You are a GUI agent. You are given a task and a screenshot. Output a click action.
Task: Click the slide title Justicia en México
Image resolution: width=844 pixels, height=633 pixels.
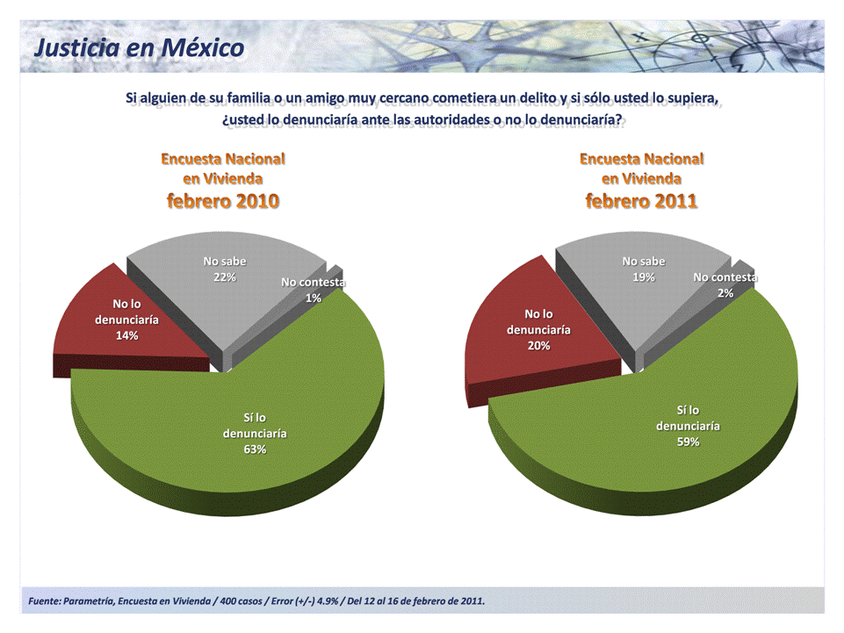[139, 47]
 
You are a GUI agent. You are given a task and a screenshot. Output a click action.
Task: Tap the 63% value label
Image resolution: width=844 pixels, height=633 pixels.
[255, 450]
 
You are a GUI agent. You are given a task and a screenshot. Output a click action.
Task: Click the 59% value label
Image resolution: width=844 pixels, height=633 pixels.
[688, 442]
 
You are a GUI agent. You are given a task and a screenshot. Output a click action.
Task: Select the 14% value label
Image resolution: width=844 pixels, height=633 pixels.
[126, 335]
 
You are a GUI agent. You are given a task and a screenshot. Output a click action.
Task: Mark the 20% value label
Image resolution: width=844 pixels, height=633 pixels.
[538, 345]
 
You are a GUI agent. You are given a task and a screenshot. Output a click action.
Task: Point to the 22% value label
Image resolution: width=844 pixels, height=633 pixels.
[225, 277]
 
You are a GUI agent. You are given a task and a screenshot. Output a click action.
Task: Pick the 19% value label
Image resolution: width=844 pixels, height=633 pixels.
[644, 277]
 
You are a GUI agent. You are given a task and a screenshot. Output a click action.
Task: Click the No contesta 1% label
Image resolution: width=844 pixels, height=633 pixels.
[313, 290]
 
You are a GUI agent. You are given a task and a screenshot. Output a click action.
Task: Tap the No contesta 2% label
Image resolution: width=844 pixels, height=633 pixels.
[725, 285]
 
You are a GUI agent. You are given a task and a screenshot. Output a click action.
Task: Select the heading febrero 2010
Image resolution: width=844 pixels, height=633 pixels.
[223, 201]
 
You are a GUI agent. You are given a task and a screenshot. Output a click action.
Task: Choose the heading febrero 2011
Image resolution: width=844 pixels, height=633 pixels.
[642, 201]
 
